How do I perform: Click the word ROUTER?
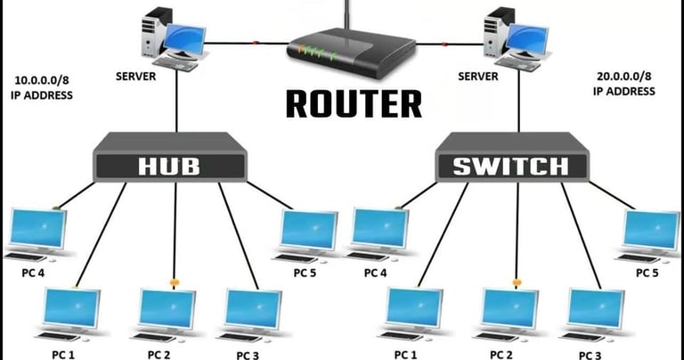point(354,104)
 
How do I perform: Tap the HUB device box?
point(170,157)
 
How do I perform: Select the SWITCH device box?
point(513,157)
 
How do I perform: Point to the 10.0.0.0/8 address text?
point(42,81)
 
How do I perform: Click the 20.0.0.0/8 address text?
point(623,77)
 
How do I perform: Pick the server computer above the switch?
point(516,39)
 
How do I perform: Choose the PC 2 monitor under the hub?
point(167,310)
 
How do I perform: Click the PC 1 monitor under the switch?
point(414,310)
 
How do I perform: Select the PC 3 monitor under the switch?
point(596,310)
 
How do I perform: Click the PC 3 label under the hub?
point(248,356)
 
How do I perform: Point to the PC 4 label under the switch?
point(375,274)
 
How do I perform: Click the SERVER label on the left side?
point(135,77)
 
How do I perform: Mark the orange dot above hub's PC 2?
point(174,282)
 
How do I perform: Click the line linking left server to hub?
point(176,102)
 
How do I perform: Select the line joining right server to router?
point(450,44)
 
